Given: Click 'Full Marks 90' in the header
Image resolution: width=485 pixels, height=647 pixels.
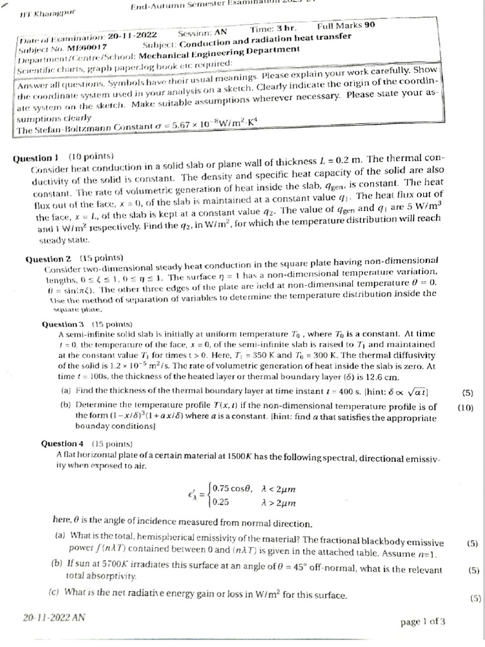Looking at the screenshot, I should (x=346, y=26).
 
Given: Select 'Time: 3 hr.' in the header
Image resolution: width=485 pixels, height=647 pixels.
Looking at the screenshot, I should (x=274, y=29).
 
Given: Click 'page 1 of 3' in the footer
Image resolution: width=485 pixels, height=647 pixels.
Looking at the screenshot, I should (x=422, y=622).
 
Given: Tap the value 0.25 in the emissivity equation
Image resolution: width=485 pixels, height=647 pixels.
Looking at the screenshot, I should (x=221, y=502).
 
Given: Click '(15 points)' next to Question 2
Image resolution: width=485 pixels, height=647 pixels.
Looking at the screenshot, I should (x=101, y=258).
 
